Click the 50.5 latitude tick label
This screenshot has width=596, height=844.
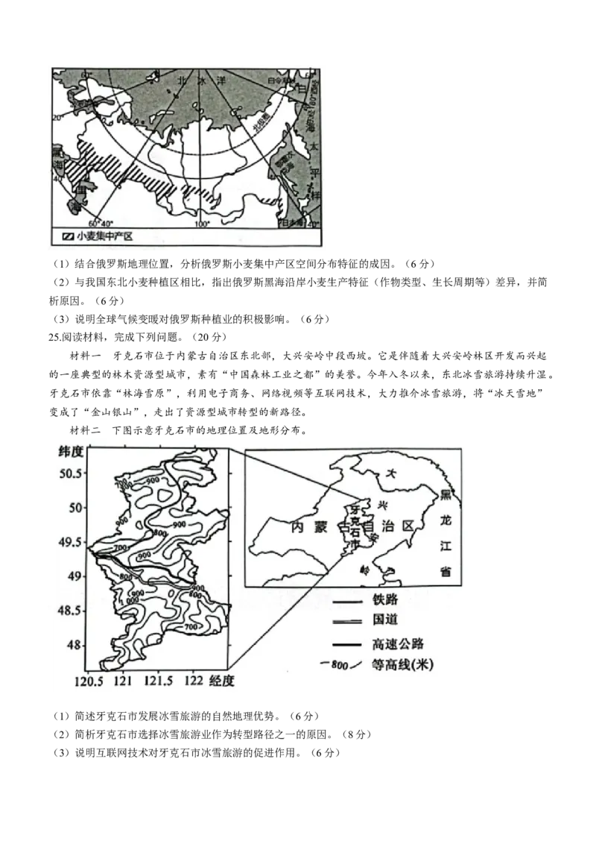(72, 473)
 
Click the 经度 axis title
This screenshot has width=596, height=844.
(222, 681)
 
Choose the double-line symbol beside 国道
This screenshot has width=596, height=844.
(347, 621)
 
